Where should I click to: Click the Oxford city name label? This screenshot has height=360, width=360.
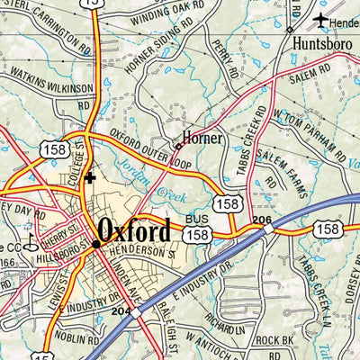[x=134, y=231]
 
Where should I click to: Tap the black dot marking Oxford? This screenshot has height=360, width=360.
[x=96, y=243]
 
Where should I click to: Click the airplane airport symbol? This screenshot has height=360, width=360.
[x=320, y=19]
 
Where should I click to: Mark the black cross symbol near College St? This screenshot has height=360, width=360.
[x=88, y=178]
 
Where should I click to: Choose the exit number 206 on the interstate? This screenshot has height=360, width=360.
[x=262, y=220]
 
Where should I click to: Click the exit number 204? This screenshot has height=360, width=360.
[x=121, y=310]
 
